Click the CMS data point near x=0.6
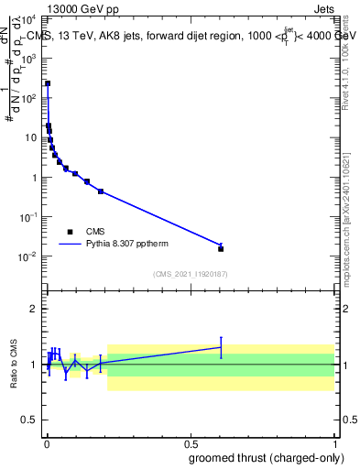click(x=221, y=248)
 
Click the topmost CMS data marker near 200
click(x=48, y=83)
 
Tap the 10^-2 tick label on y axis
click(x=29, y=256)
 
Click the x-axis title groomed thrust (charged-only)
click(x=267, y=457)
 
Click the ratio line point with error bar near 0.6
click(x=221, y=347)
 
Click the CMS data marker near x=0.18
click(x=101, y=191)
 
